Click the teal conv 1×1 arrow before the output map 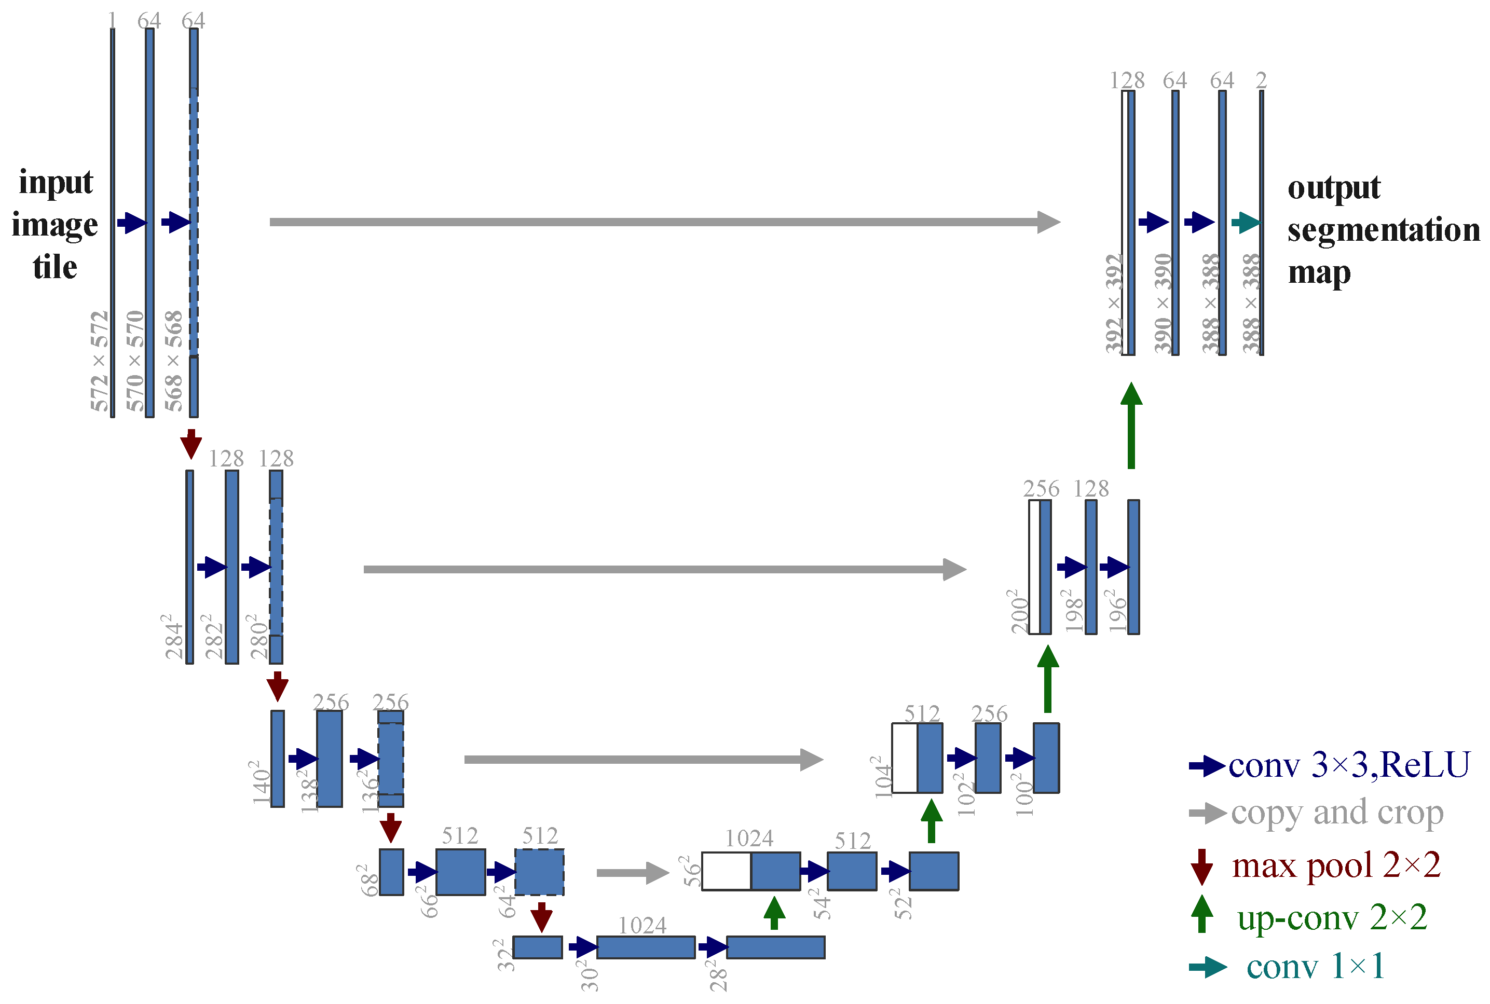[x=1245, y=222]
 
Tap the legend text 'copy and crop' [x=1337, y=813]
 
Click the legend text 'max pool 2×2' [x=1336, y=865]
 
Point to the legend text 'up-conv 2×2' [x=1332, y=917]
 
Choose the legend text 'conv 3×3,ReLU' [x=1348, y=764]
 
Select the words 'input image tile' [x=55, y=224]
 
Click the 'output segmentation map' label [x=1383, y=230]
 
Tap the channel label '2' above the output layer [x=1261, y=80]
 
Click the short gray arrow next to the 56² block [x=632, y=872]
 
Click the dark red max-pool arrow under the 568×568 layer [x=191, y=443]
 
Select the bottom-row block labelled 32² [x=537, y=947]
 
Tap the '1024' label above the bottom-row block [x=641, y=925]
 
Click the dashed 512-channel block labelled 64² [x=539, y=872]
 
